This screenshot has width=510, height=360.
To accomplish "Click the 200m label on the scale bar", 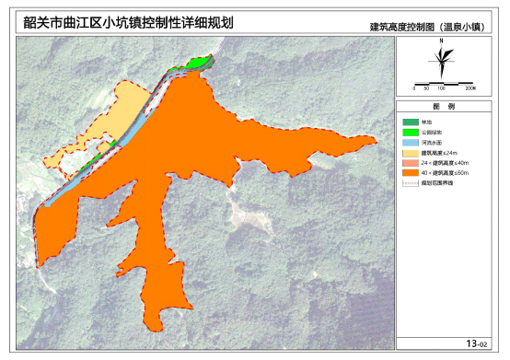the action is click(469, 88).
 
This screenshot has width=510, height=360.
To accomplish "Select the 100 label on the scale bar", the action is click(442, 88).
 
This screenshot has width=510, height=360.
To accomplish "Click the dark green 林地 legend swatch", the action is click(411, 122).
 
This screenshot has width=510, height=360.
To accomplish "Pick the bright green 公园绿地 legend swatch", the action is click(411, 133).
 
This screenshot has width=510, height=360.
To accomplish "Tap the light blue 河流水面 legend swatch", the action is click(411, 143).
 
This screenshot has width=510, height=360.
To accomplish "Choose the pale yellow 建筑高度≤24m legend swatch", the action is click(411, 153).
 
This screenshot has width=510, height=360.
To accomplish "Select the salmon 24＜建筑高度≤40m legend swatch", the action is click(411, 163).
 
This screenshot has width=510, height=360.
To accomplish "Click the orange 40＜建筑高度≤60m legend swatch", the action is click(411, 173).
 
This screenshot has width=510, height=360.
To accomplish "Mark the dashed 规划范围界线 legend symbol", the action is click(411, 184).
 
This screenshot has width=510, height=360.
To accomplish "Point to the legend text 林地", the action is click(426, 122).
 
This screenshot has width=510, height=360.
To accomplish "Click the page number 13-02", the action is click(476, 343).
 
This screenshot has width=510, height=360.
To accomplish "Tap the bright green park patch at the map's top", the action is click(196, 63).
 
